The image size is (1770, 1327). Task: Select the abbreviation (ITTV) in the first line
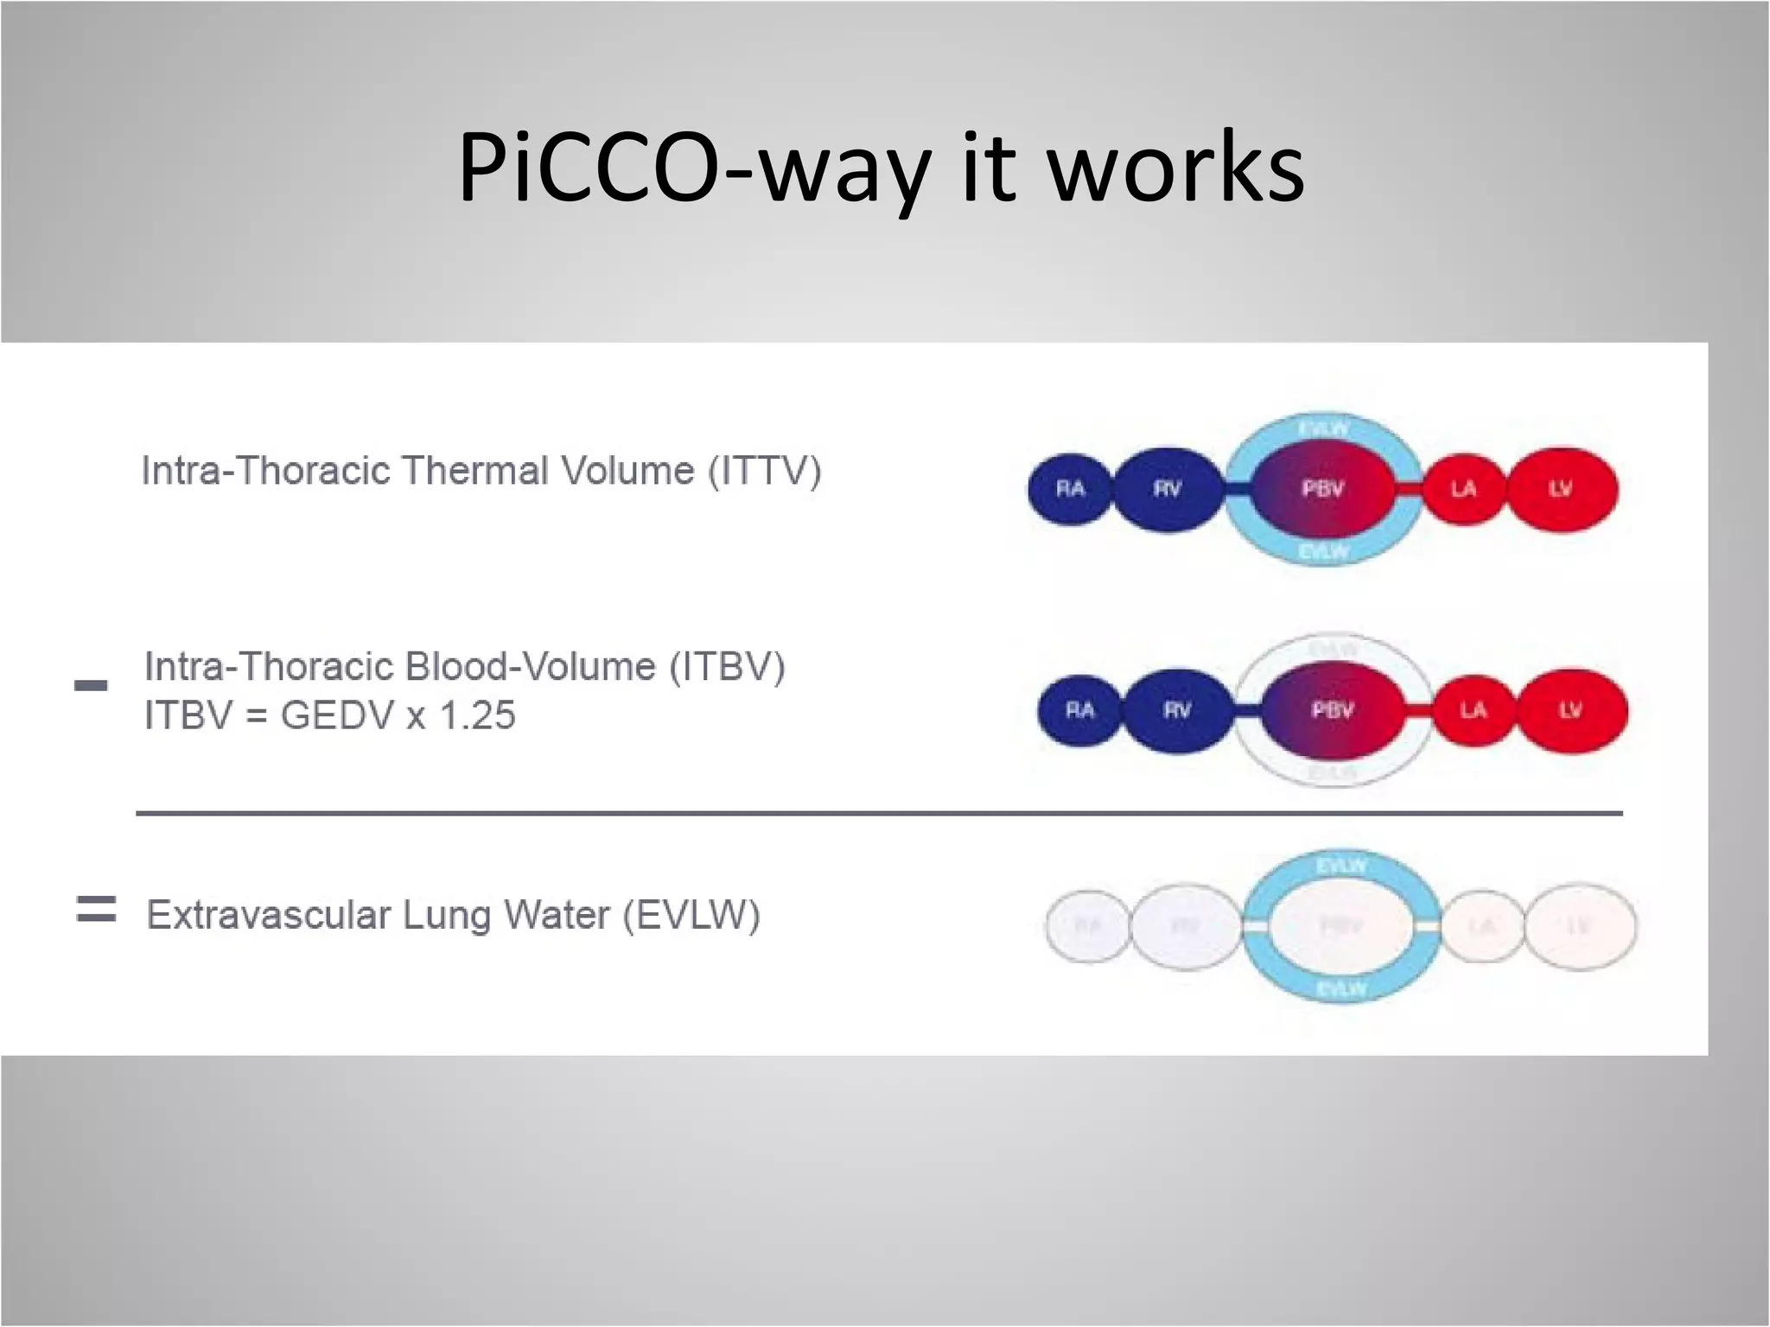(765, 472)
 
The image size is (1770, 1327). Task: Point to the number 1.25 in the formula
(477, 716)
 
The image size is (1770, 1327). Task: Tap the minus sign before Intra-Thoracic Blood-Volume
(91, 686)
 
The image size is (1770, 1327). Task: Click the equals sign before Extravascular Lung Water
(96, 910)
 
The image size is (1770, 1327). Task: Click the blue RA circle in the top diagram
(1070, 489)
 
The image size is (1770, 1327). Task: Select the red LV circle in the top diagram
(1561, 489)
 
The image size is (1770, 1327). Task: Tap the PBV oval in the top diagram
(1322, 489)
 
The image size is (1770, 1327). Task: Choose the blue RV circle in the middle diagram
(1177, 710)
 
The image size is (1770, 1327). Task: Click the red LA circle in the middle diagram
(1474, 710)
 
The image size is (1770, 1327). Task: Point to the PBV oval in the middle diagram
(1332, 710)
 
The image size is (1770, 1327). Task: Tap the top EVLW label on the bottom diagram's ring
(1341, 865)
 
